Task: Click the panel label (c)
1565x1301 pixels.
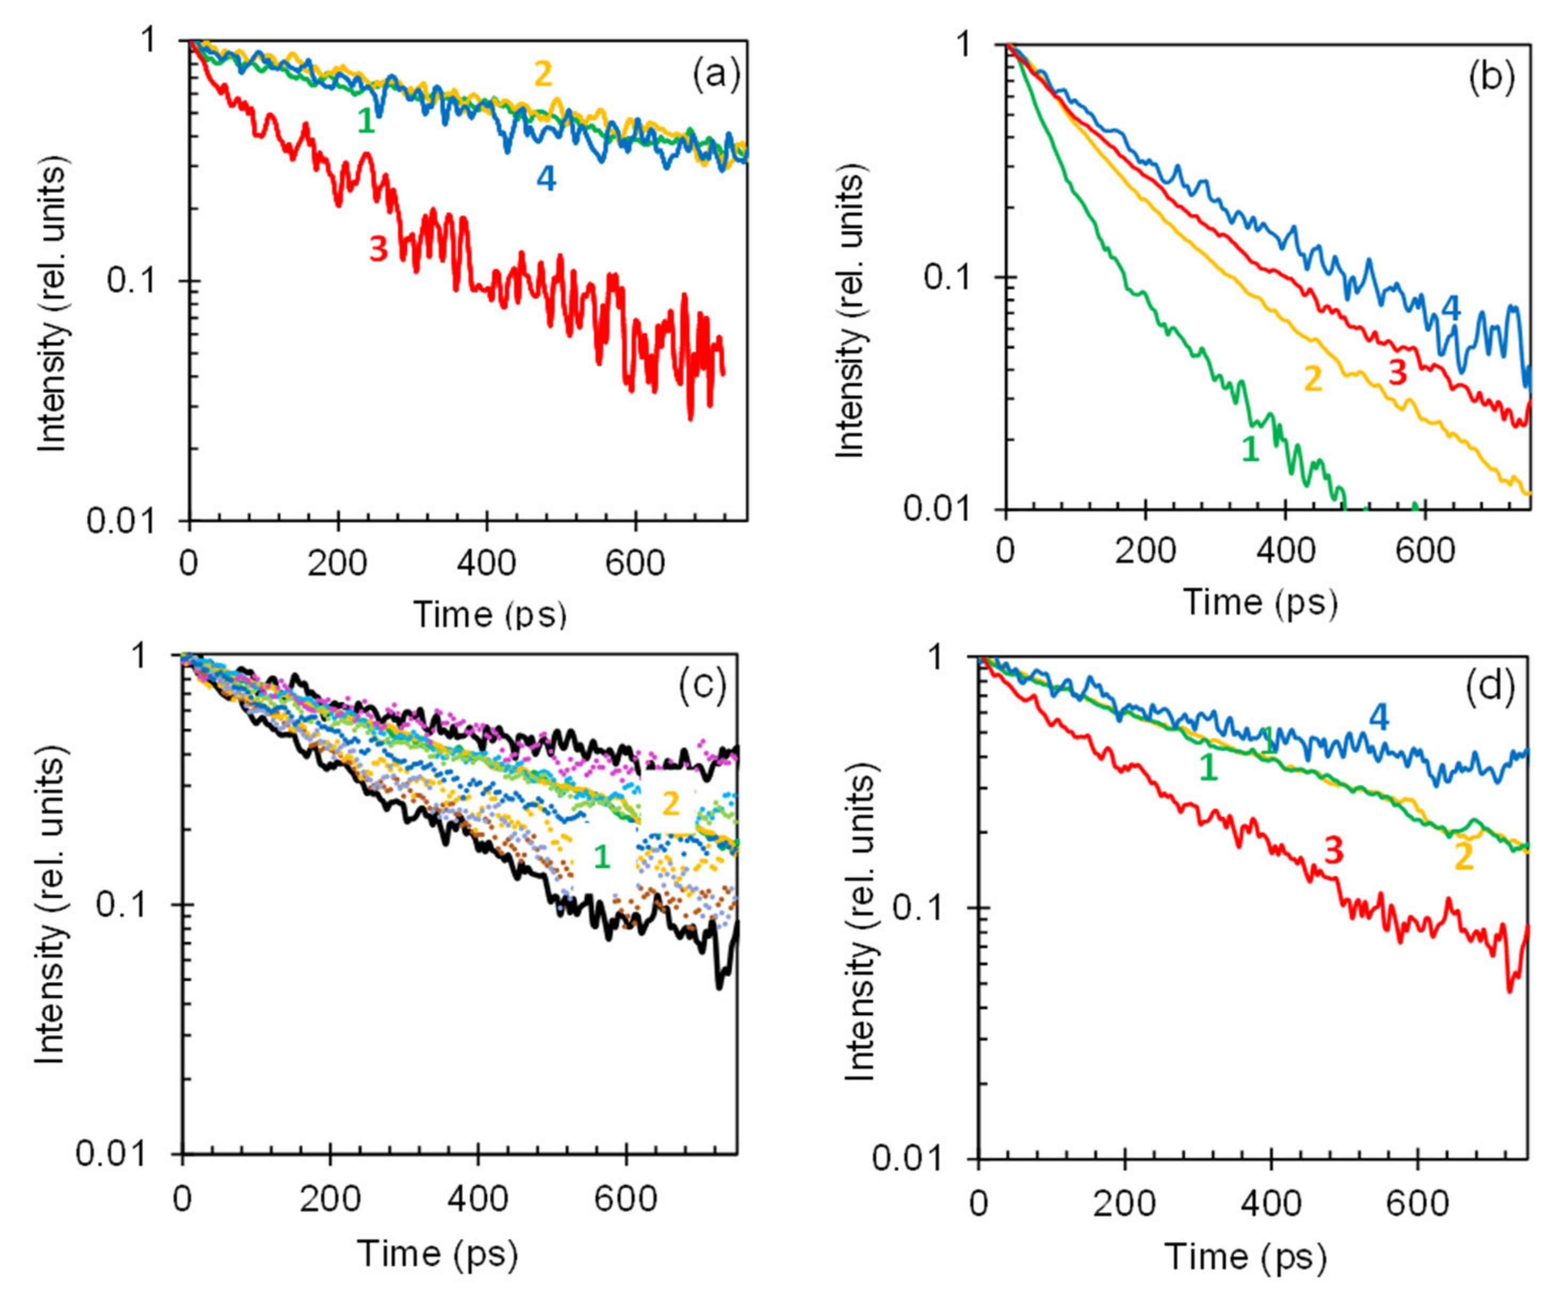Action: pos(702,688)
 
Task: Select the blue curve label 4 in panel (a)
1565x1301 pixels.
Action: pos(546,179)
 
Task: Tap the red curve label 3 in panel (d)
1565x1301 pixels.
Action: pos(1334,850)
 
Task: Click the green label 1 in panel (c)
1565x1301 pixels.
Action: pos(602,858)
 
